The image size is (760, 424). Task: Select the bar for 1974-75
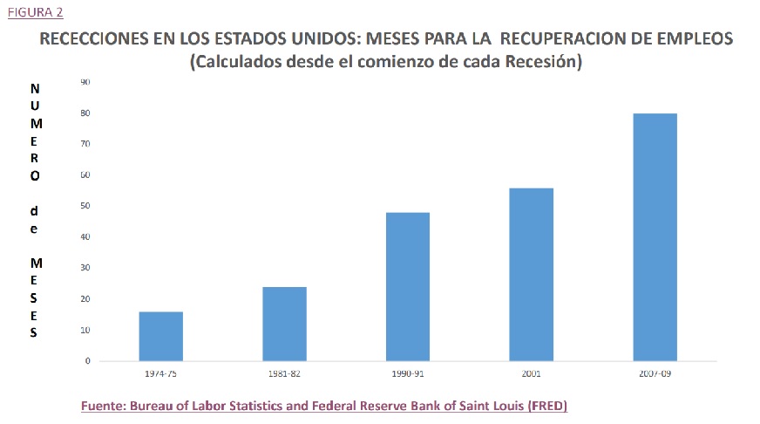[x=160, y=336]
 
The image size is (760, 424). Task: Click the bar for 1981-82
[x=284, y=324]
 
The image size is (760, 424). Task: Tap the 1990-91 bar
[x=408, y=286]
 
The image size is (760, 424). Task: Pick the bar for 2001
[x=532, y=274]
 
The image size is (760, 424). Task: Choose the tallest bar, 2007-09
[x=655, y=236]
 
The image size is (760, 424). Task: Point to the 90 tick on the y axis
[x=85, y=82]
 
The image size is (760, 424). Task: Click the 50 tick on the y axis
[x=85, y=206]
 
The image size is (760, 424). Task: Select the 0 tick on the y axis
[x=87, y=360]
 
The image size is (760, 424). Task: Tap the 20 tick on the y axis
[x=85, y=299]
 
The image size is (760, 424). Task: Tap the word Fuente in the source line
[x=102, y=407]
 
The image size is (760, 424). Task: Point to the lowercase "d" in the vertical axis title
[x=34, y=210]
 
